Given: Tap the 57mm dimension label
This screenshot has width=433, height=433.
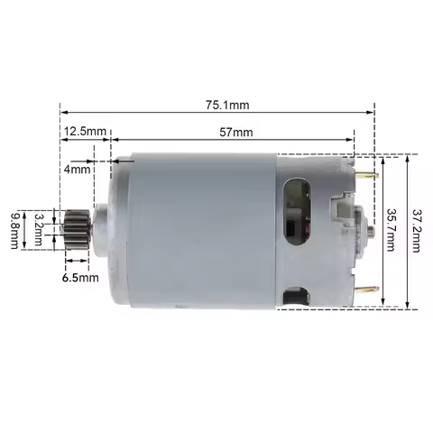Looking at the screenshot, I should tap(236, 132).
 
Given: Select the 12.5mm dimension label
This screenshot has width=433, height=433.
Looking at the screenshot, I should tap(82, 132).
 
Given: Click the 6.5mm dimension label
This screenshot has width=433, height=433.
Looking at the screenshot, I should tap(80, 278).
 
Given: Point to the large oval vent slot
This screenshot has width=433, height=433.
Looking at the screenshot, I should tap(295, 212).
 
